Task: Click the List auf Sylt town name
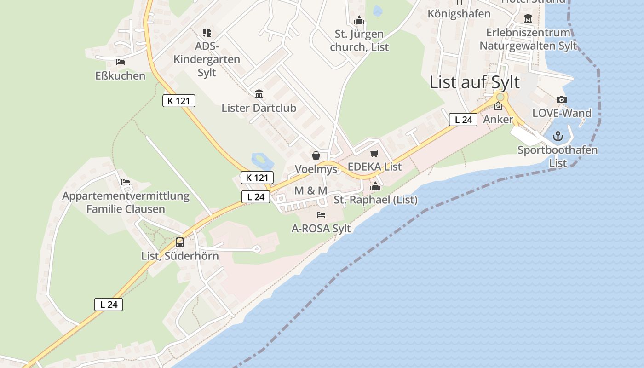[474, 82]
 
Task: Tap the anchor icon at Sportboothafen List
[558, 136]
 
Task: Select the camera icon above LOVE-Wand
[561, 100]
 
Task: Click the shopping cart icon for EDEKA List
[374, 153]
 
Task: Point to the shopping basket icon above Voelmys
[316, 155]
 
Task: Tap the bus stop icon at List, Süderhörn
[180, 242]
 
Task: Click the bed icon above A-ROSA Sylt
[321, 215]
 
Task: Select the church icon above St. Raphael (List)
[375, 186]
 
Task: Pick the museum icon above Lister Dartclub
[259, 94]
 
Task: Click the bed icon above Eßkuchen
[121, 62]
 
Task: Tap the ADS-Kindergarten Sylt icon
[207, 33]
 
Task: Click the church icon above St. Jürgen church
[359, 20]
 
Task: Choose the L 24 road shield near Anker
[463, 120]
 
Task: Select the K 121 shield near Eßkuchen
[179, 101]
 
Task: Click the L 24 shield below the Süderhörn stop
[109, 304]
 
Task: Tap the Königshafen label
[459, 14]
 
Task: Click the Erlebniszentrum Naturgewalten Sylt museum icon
[528, 19]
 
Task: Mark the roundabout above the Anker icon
[500, 97]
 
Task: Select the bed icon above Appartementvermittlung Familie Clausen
[126, 182]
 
